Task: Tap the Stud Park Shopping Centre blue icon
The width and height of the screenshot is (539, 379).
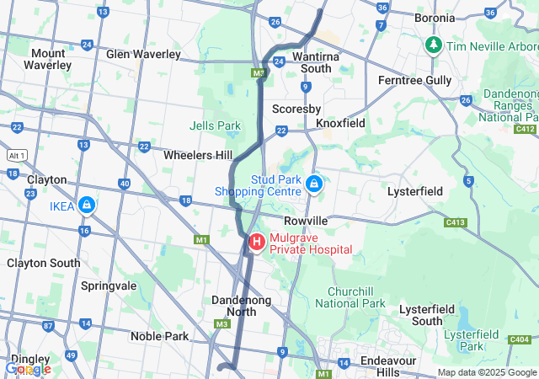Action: pos(314,183)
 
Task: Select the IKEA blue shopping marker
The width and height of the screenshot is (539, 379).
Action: pos(87,205)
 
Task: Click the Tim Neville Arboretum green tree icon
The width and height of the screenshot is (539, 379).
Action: pos(434,44)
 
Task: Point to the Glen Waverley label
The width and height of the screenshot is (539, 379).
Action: pos(143,54)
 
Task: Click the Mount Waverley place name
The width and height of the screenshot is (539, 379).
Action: pos(47,58)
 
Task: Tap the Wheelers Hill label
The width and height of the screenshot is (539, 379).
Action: pos(198,155)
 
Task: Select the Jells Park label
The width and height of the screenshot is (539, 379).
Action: pos(215,125)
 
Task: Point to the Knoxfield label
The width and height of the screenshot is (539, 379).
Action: pos(340,123)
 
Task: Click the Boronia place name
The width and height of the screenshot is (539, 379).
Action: pos(435,17)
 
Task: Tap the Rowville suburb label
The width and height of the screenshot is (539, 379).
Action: pos(304,220)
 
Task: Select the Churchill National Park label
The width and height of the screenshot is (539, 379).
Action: pos(356,297)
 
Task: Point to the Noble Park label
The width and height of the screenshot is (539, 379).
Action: pos(159,336)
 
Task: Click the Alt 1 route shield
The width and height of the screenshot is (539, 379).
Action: pos(17,155)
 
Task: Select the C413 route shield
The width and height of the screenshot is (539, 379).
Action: pos(456,222)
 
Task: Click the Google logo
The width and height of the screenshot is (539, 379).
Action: pos(27,369)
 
